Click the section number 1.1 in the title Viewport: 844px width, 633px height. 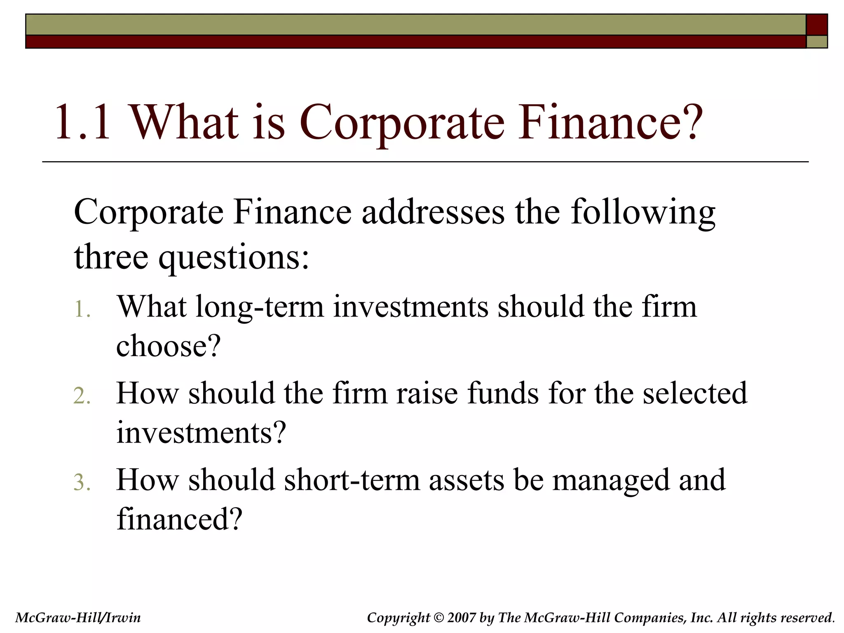coord(82,123)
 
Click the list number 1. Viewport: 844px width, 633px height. coord(82,309)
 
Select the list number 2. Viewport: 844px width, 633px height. coord(82,396)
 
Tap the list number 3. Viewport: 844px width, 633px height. coord(82,483)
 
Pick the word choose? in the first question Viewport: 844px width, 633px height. coord(169,346)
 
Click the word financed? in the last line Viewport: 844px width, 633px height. coord(179,519)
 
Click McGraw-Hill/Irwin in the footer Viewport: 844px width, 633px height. coord(78,617)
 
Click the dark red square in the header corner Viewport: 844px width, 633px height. coord(816,25)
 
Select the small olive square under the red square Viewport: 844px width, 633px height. coord(816,42)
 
